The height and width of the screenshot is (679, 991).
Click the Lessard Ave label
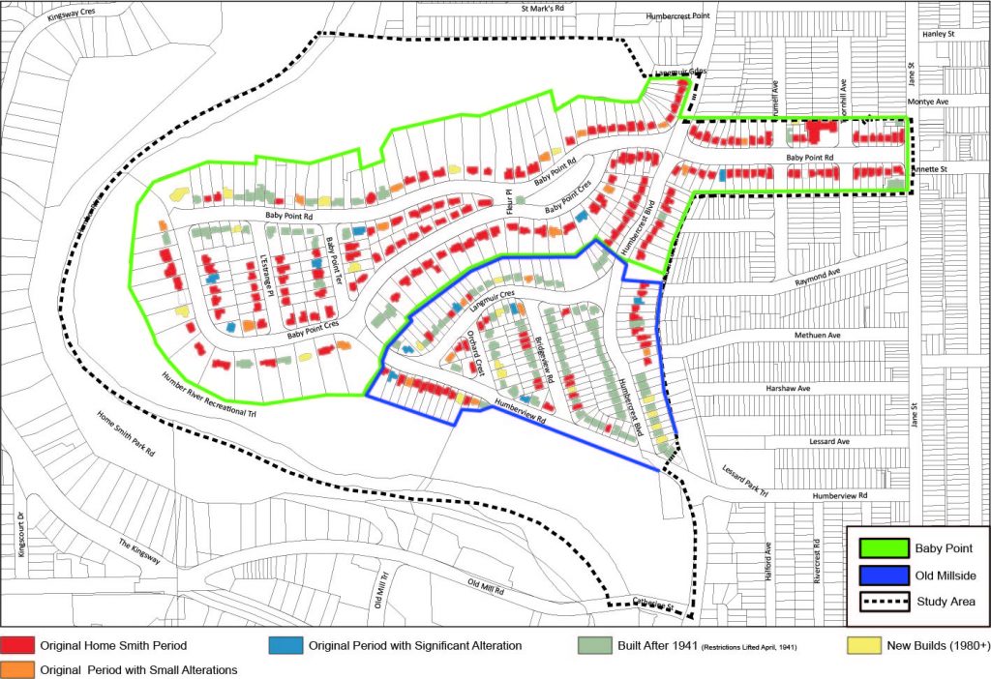click(829, 441)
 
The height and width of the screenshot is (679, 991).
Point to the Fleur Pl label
click(518, 205)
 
